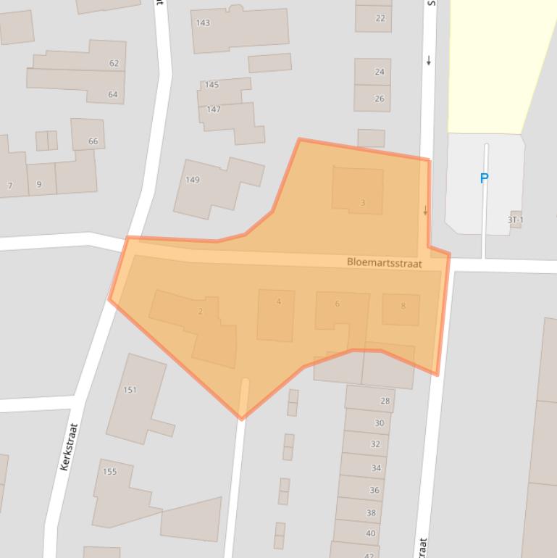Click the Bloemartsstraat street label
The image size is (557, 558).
click(x=384, y=263)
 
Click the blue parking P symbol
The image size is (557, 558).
click(x=484, y=178)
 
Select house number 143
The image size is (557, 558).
click(x=203, y=22)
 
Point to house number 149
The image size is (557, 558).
click(x=192, y=180)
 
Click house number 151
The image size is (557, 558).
click(x=130, y=390)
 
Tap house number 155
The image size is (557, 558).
click(x=109, y=472)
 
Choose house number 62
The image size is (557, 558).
click(x=114, y=64)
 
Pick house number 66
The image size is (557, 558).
click(x=93, y=141)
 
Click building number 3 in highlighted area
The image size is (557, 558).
click(x=363, y=203)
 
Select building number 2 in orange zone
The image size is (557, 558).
click(x=201, y=312)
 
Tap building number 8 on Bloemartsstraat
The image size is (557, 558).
click(x=403, y=306)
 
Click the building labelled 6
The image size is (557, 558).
click(x=338, y=304)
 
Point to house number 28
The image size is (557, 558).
click(x=385, y=401)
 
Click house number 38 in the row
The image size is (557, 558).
click(x=371, y=513)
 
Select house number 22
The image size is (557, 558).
click(x=380, y=19)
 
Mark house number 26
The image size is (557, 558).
click(x=380, y=99)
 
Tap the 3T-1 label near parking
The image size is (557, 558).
click(x=515, y=220)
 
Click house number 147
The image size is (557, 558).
click(x=213, y=109)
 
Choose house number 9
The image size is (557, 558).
click(x=39, y=185)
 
